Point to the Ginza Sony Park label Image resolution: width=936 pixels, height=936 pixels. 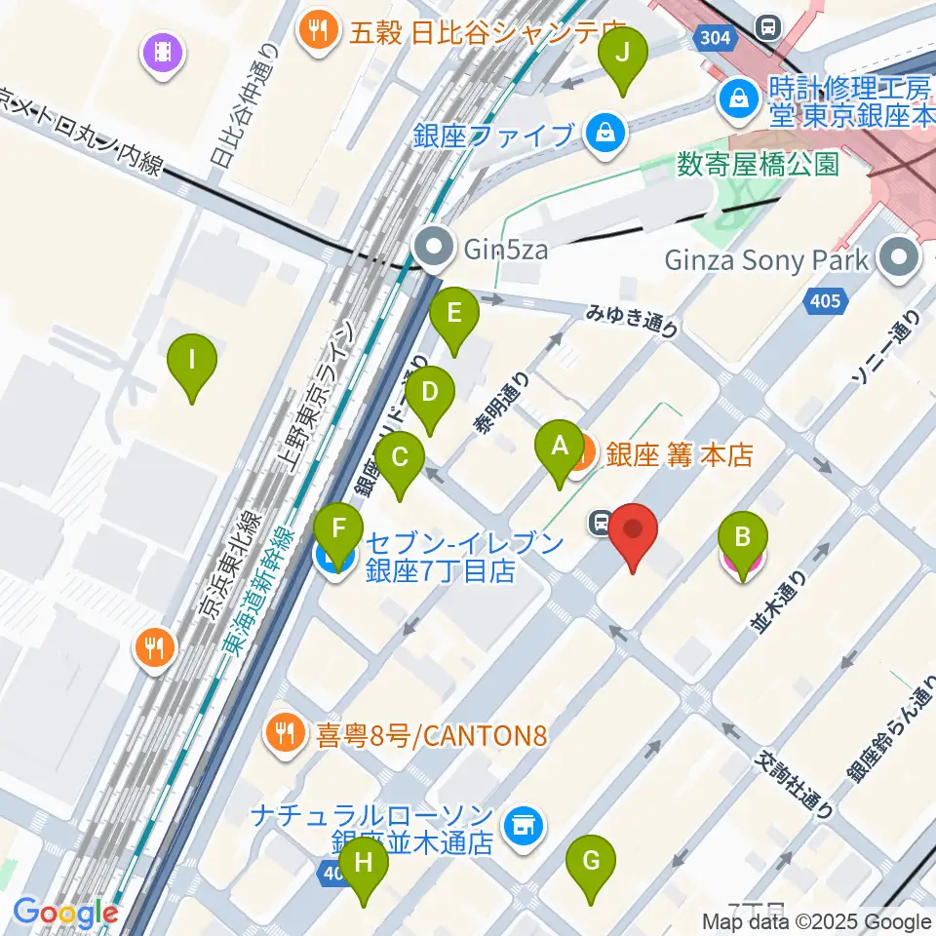(x=766, y=261)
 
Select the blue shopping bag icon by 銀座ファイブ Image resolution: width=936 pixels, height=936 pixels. (x=605, y=132)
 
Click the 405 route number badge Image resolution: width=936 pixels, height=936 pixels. (x=825, y=301)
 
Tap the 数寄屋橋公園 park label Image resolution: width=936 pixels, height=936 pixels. (x=758, y=163)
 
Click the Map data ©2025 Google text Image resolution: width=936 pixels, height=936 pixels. (x=818, y=921)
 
